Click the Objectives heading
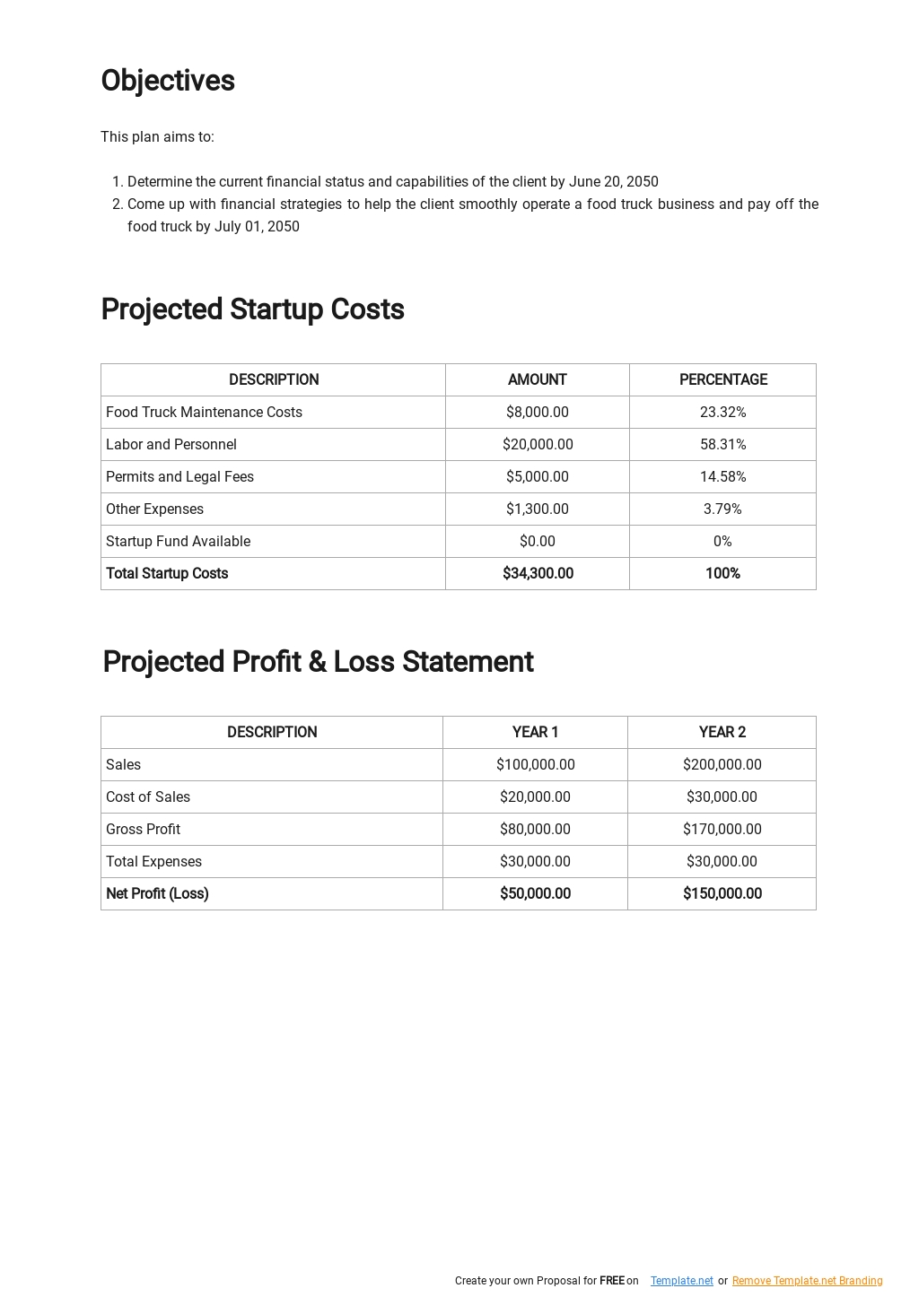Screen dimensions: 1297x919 (x=168, y=81)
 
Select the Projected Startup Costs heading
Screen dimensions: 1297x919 (x=252, y=309)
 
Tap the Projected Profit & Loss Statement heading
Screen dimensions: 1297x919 (x=318, y=662)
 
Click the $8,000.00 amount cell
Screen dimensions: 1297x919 (x=537, y=413)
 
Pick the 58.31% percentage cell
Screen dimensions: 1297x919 (x=722, y=445)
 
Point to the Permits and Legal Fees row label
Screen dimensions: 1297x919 (x=179, y=477)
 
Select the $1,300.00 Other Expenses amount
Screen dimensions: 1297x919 (x=537, y=509)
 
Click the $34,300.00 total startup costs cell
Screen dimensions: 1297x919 (x=538, y=574)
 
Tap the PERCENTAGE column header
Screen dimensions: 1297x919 (x=722, y=380)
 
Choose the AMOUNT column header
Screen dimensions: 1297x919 (x=537, y=380)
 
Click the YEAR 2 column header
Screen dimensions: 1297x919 (x=722, y=733)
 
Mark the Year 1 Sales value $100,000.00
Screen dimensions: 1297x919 (x=535, y=765)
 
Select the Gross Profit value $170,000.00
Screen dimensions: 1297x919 (x=722, y=830)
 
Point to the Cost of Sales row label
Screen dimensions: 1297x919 (x=148, y=797)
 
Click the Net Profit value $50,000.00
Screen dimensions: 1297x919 (x=535, y=894)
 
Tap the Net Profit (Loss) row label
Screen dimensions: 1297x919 (x=157, y=894)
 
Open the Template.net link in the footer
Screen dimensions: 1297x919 (x=681, y=1281)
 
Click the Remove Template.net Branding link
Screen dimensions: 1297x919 (x=807, y=1281)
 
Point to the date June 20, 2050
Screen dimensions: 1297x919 (x=613, y=182)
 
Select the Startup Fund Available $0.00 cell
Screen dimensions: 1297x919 (x=537, y=542)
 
